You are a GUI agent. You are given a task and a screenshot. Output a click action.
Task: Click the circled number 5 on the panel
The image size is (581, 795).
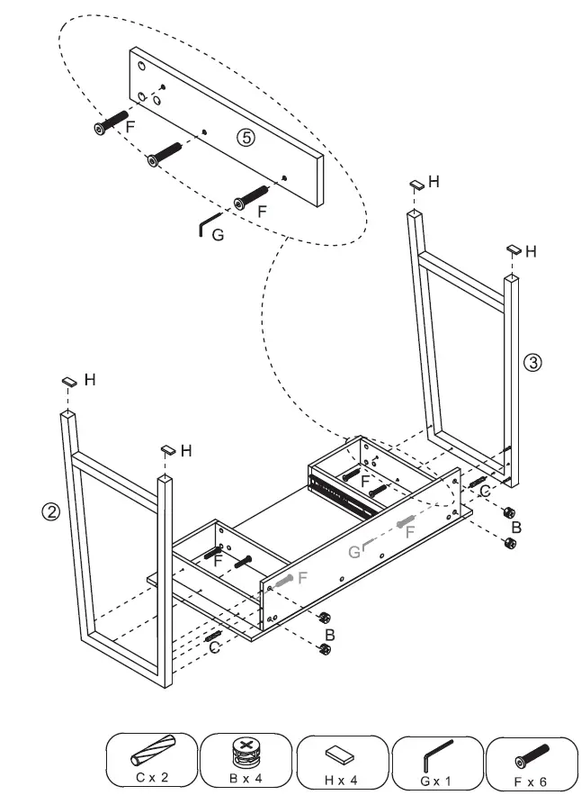pos(246,137)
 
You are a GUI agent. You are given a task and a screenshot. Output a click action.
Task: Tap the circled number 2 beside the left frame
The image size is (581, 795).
pos(51,512)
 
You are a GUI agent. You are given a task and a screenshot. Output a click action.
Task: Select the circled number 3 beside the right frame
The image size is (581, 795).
pos(532,363)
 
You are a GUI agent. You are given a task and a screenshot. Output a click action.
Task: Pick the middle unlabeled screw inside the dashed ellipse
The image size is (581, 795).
pos(165,154)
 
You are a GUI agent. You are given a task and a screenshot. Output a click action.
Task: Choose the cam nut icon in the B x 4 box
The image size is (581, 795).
pos(245,751)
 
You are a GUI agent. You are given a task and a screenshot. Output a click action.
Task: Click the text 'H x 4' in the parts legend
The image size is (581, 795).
pos(341,777)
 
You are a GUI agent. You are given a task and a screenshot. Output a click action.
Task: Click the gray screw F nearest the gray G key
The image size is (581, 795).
pos(405,522)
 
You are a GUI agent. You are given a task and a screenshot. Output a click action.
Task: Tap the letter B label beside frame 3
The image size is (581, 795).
pos(516,527)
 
